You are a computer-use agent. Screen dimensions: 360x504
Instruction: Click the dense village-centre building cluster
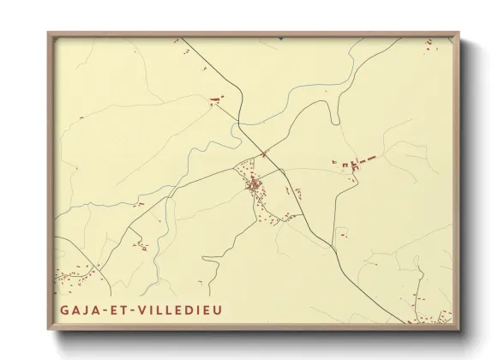coord(255,183)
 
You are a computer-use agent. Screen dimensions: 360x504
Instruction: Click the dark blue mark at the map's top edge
coord(281,39)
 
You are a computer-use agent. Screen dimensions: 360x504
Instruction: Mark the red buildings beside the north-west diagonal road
coord(214,100)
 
